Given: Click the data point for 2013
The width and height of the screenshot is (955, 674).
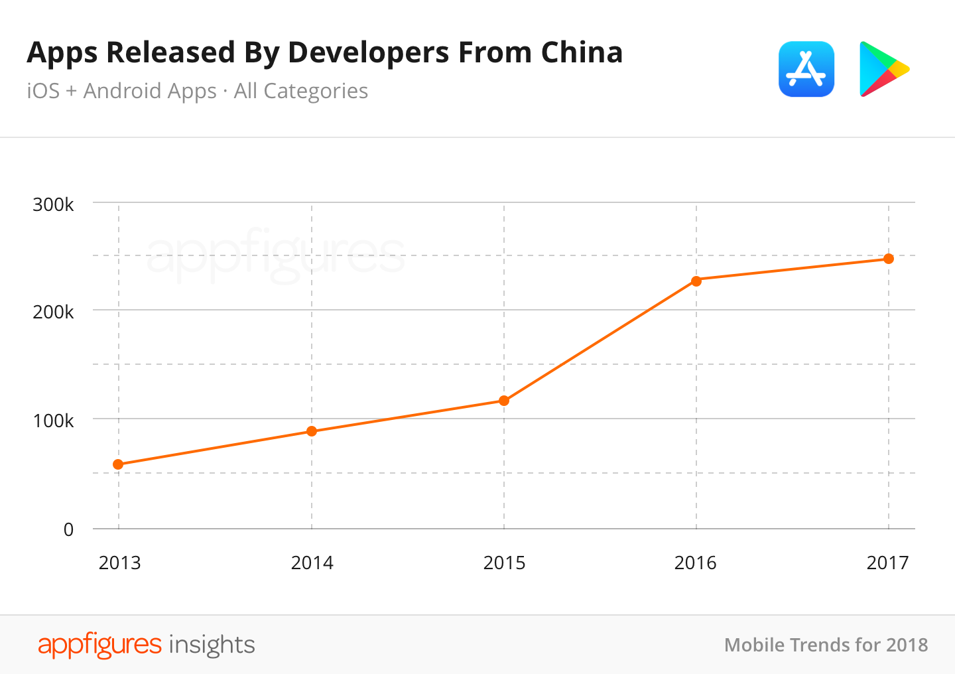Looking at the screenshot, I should pos(118,464).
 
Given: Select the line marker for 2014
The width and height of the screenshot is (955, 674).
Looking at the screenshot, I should pos(312,431).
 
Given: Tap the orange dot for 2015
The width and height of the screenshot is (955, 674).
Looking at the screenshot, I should pos(504,401).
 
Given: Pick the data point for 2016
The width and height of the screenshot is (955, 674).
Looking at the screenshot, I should pos(696,281).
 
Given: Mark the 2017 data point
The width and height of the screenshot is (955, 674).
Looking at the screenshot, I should pos(889,259).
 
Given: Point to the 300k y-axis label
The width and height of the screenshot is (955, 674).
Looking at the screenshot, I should pos(53,204).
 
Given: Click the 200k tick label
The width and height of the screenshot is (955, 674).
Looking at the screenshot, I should pos(53,312).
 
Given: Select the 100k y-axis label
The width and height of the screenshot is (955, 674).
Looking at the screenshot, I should pos(53,421).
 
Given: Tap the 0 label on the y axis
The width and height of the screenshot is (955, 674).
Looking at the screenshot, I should pos(68,529).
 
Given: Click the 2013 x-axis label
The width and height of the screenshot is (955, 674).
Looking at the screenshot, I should pos(119,563).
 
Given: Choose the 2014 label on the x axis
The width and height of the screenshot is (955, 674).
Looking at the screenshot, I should pos(312,563).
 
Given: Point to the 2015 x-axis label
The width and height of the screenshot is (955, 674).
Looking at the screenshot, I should pos(504,563).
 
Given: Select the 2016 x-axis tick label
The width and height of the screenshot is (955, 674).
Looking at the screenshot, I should pos(695,563).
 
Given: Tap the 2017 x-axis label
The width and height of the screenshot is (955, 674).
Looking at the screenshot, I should pos(887,563).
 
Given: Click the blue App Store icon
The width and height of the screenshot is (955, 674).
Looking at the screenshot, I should pos(806,69).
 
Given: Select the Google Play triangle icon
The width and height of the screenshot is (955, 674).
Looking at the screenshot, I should pos(881,69).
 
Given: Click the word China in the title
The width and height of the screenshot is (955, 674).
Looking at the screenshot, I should pos(582,52).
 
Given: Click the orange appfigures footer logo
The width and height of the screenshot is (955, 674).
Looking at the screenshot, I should pos(99,645).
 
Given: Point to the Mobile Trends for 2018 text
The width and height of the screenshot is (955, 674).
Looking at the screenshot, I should pos(826,645).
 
